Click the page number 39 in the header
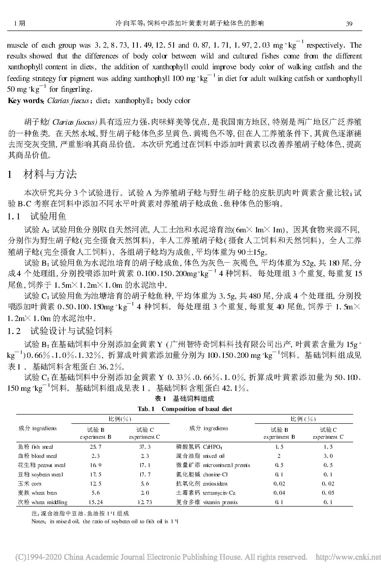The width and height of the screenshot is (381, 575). coord(349,24)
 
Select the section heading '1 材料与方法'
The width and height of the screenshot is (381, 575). coord(42,174)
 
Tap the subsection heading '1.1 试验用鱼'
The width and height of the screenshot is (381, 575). coord(37,216)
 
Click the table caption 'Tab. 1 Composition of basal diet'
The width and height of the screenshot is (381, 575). coord(185,409)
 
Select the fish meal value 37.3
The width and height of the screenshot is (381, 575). coord(144,447)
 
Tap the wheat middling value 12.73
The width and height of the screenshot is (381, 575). coord(144,502)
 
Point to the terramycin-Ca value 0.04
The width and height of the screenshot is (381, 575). coord(279,493)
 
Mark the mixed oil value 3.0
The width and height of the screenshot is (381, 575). coord(328,456)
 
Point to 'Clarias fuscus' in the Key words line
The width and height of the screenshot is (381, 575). coord(68,101)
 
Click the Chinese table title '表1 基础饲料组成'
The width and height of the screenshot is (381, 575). coord(185,399)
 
